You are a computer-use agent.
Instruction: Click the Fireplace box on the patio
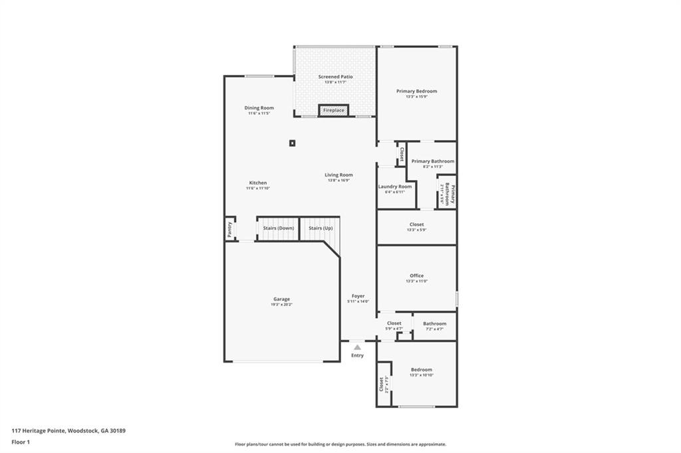click(x=334, y=110)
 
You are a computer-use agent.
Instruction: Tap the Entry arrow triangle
click(x=357, y=347)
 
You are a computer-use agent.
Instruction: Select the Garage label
click(x=281, y=299)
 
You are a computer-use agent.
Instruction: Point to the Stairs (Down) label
click(x=279, y=228)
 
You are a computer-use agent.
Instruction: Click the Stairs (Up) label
click(x=321, y=228)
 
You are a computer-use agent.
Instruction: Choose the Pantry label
click(x=229, y=229)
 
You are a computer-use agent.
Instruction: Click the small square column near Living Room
click(x=293, y=142)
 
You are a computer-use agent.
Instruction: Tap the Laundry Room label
click(x=395, y=187)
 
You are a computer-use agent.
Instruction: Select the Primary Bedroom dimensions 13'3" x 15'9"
click(x=416, y=96)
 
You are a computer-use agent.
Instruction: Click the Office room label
click(x=416, y=276)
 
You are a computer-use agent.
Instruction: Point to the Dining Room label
click(x=259, y=108)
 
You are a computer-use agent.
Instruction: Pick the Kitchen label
click(x=258, y=183)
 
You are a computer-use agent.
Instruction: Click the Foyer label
click(x=357, y=296)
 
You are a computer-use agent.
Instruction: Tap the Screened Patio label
click(x=335, y=77)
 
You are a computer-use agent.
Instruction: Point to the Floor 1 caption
click(x=21, y=442)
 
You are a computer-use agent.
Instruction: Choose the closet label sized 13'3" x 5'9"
click(x=416, y=230)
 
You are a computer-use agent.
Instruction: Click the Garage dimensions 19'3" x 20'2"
click(x=281, y=304)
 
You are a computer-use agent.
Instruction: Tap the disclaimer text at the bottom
click(x=340, y=444)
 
